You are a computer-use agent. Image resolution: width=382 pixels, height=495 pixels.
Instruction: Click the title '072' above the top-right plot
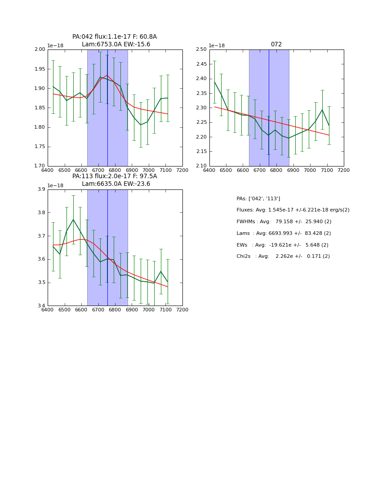coord(276,45)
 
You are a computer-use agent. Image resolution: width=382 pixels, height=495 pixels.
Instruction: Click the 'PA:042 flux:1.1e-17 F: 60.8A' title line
coord(115,37)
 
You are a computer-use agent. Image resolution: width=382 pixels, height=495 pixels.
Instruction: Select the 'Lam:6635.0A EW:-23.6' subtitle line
coord(116,184)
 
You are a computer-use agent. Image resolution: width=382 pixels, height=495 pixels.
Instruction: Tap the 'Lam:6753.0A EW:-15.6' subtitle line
coord(116,45)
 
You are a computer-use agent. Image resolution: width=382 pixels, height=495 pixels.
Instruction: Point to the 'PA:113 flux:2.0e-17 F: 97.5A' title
coord(115,176)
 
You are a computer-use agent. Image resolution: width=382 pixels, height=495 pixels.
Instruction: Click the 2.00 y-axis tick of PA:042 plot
coord(40,49)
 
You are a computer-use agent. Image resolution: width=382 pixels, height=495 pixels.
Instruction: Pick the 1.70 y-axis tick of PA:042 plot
coord(40,166)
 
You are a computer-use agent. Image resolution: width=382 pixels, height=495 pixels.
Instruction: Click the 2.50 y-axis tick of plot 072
coord(201,49)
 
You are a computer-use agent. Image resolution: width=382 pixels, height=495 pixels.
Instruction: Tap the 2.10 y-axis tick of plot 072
coord(201,166)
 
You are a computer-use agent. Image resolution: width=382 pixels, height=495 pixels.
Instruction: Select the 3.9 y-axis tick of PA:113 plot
coord(42,189)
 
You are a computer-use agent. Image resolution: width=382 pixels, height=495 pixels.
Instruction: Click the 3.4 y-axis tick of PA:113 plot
coord(42,306)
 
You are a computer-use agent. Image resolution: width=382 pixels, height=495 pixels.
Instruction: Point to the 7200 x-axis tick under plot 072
coord(344,171)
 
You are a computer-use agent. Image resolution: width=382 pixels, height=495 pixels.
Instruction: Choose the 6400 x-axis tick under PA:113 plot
coord(48,310)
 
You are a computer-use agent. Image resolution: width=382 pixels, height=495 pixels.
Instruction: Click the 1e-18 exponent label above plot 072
coord(217,46)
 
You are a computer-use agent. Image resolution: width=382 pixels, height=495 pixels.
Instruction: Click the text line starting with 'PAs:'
coord(258,199)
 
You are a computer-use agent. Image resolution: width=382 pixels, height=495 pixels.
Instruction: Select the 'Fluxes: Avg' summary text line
coord(293,210)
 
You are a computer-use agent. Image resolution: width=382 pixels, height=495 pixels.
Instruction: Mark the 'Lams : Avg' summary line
coord(284,234)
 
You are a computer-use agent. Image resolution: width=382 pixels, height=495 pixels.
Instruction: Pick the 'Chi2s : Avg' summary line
coord(283,256)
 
